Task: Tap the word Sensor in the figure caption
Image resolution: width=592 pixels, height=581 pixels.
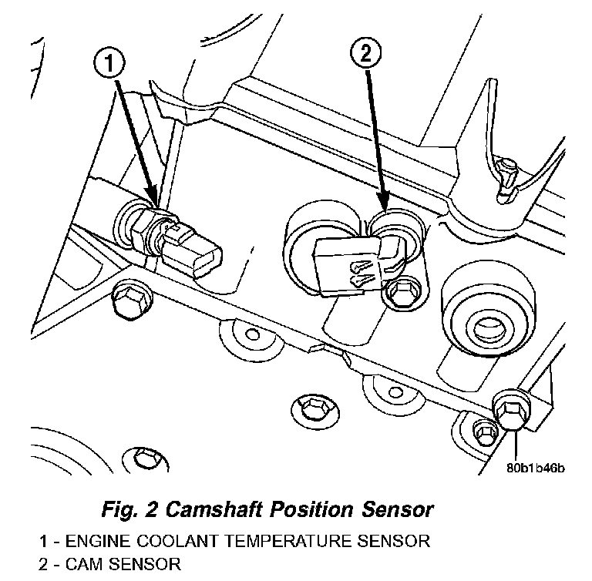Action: tap(394, 509)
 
